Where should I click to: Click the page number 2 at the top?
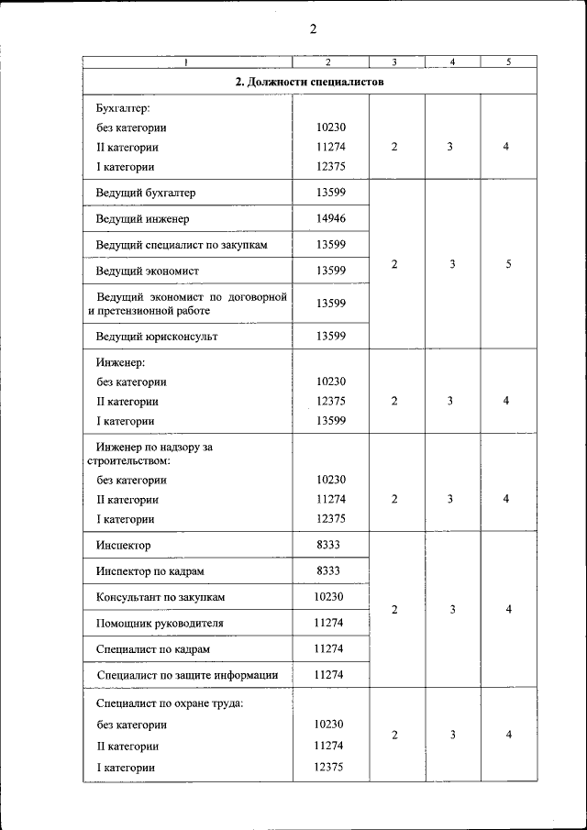313,28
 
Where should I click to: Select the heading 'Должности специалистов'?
309,82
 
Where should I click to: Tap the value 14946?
330,219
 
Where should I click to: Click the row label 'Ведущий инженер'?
142,219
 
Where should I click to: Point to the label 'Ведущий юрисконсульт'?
157,337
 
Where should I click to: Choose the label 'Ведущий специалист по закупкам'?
182,245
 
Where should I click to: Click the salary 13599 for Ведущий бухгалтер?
330,193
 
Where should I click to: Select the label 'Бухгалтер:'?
116,109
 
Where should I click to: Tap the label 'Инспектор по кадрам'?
150,571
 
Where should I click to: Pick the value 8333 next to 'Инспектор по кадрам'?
328,570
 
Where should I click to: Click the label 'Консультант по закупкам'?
161,597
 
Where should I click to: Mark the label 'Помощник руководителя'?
160,623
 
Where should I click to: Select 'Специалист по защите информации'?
187,675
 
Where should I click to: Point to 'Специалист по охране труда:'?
169,703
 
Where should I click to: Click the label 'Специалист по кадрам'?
153,648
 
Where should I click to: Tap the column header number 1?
187,62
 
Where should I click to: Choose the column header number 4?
452,62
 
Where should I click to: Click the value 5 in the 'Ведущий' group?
508,264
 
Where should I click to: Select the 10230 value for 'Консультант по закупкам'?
328,596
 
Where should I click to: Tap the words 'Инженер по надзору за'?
154,447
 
